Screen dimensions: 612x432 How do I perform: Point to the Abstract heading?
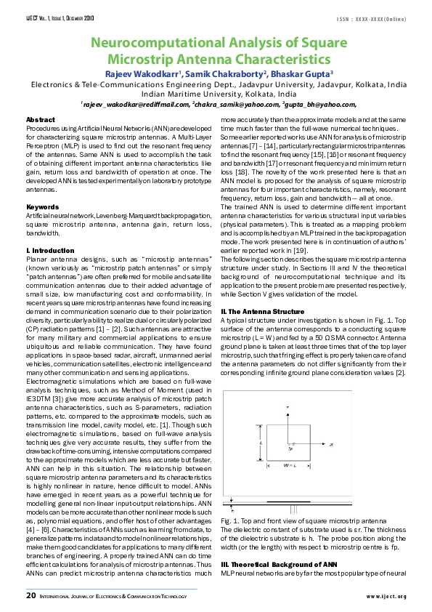[x=40, y=119]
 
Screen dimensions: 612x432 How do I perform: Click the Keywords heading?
[x=42, y=207]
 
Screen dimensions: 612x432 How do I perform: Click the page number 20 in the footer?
[x=31, y=596]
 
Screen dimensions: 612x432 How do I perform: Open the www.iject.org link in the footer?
[x=386, y=597]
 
